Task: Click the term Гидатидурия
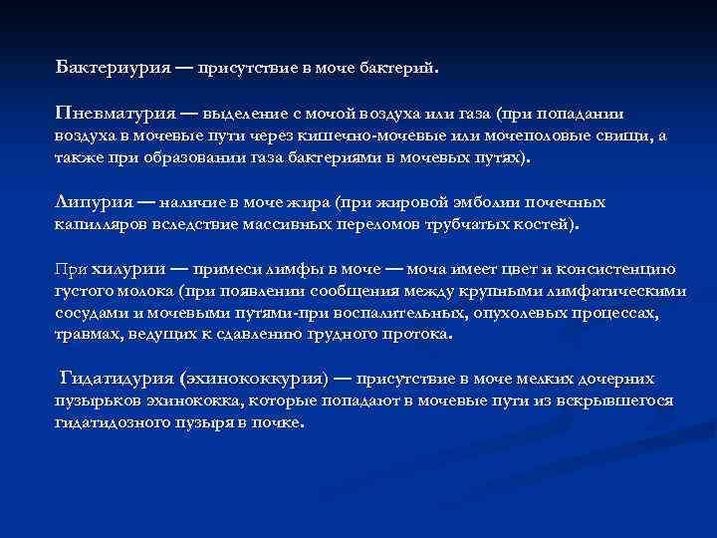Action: point(119,379)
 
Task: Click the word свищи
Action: point(619,136)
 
